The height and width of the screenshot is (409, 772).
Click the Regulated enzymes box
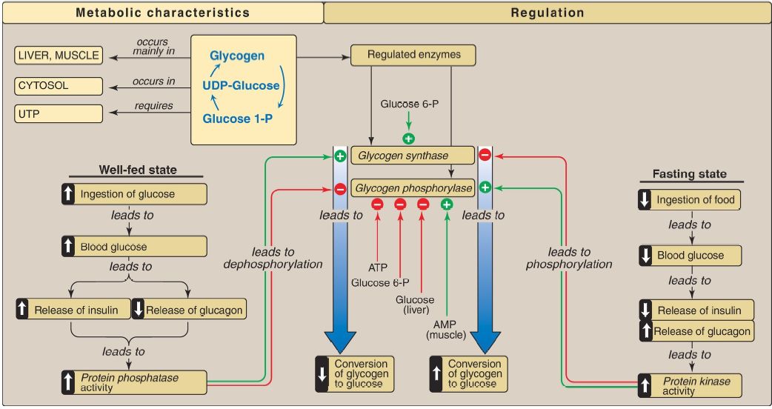412,55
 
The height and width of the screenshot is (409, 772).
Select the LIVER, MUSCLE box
58,56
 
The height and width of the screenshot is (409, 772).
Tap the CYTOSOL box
58,85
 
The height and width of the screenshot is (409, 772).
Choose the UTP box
58,114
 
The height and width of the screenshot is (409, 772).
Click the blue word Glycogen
237,56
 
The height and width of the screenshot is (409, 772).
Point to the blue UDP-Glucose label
241,86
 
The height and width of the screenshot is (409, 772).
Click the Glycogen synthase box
412,156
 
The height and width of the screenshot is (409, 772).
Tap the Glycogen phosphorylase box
412,188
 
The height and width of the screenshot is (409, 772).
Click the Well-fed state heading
138,170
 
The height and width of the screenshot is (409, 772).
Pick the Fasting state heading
689,174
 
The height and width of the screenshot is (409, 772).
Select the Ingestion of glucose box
134,194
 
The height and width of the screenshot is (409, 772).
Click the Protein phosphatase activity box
134,382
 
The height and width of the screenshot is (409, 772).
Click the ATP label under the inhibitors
378,267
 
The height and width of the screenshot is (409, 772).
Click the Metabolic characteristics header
162,13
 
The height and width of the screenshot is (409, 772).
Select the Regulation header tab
547,13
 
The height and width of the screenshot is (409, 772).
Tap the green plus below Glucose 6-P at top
407,138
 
